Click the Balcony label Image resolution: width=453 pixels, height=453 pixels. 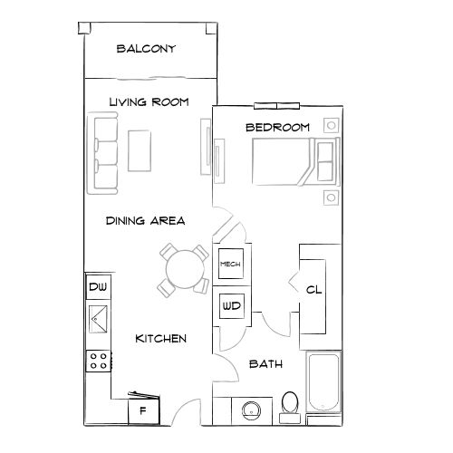coord(146,49)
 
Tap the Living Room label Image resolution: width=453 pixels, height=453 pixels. coord(149,102)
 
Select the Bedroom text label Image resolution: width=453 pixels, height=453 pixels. coord(278,128)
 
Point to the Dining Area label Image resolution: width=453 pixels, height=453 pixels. coord(145,220)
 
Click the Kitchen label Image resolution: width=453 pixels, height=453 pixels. coord(160,338)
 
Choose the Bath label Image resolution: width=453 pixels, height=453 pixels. coord(265,364)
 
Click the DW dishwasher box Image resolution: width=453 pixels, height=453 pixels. coord(98,288)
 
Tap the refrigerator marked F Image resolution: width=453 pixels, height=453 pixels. coord(142,410)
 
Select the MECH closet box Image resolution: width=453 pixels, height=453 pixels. coord(230,264)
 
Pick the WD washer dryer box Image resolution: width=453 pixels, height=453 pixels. coord(230,305)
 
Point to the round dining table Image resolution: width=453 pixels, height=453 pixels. coord(184,269)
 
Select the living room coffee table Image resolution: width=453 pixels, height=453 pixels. coord(140,150)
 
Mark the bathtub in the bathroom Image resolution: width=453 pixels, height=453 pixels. coord(323,385)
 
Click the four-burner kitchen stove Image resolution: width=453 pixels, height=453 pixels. coord(98,361)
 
